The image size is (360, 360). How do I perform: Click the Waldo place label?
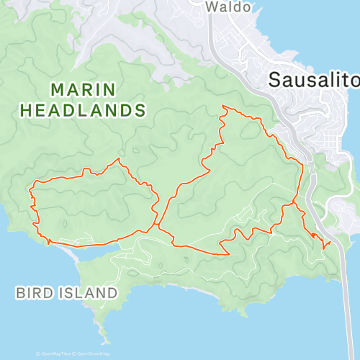228,6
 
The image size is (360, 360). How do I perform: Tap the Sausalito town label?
314,80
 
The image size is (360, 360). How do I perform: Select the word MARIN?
83,89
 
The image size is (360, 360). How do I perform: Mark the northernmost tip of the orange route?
224,107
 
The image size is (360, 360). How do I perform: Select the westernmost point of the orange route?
30,192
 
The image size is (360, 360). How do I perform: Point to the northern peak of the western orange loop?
117,159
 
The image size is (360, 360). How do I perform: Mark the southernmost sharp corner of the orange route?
228,253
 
